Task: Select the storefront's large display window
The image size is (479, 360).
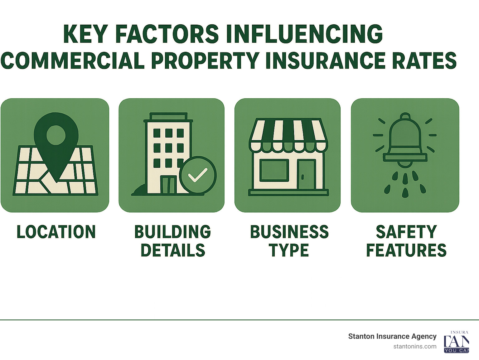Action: click(274, 171)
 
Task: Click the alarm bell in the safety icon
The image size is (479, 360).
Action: click(405, 137)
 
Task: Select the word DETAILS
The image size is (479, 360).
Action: click(173, 250)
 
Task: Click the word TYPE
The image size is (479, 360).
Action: click(289, 250)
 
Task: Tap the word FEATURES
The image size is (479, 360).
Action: click(406, 250)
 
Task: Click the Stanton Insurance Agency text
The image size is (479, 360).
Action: click(392, 336)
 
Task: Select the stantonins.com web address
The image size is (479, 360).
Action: click(415, 346)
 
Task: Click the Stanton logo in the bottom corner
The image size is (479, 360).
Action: click(456, 342)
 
